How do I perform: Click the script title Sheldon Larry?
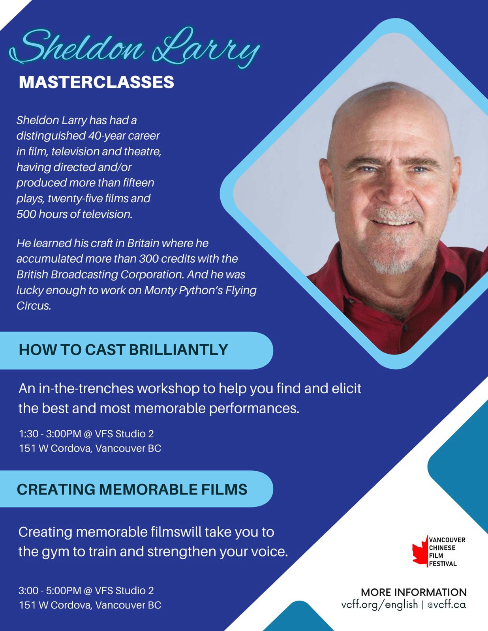pos(134,48)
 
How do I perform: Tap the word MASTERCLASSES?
pos(96,82)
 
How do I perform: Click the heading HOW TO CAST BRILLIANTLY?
pos(123,350)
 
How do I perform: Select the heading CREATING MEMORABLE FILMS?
pos(132,489)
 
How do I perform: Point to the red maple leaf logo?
pos(420,551)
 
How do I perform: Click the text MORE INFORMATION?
pos(414,592)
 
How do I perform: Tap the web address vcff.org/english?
pos(379,605)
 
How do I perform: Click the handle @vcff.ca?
pos(447,605)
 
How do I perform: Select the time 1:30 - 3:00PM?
pos(50,434)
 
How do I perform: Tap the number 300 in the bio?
pos(148,259)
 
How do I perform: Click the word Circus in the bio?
pos(34,306)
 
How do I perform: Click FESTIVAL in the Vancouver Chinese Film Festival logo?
pos(443,564)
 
